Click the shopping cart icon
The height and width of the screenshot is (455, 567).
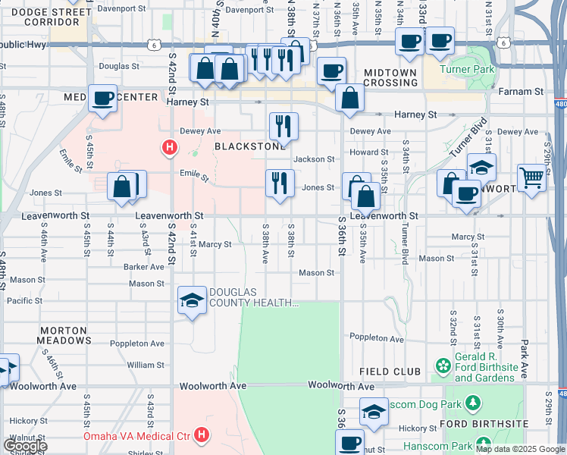click(532, 178)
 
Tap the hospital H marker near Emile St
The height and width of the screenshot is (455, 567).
click(171, 147)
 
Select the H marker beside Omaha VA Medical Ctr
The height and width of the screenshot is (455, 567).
click(202, 435)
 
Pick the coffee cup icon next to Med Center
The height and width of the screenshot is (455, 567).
click(102, 98)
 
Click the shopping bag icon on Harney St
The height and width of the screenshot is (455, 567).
click(349, 98)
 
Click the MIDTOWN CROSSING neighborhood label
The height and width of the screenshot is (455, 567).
click(390, 77)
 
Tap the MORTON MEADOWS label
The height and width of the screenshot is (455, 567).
click(65, 336)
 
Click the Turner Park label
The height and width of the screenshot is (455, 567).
click(470, 70)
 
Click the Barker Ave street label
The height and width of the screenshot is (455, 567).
click(144, 267)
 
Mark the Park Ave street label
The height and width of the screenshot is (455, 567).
click(524, 349)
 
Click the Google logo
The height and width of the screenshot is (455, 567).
click(24, 445)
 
